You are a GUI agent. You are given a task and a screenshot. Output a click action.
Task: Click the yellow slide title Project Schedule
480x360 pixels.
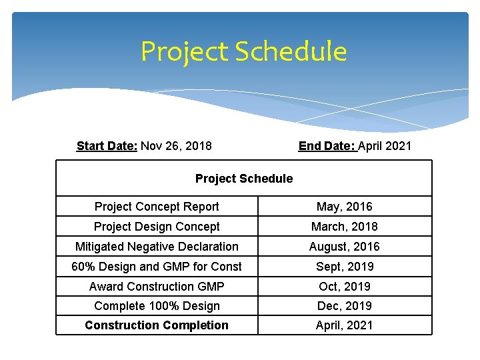point(243,51)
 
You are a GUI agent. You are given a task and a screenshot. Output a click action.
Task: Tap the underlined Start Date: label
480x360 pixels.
point(107,145)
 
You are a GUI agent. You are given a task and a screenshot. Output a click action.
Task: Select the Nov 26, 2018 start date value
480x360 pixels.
point(176,145)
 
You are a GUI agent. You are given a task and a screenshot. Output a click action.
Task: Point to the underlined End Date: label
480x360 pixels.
point(327,145)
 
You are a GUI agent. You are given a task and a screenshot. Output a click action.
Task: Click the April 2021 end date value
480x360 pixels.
point(385,145)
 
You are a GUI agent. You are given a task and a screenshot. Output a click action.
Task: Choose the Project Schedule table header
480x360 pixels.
point(243,178)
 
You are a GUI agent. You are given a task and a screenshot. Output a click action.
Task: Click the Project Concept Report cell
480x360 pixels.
point(157,207)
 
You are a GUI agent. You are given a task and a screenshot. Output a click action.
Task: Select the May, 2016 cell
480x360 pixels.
point(344,207)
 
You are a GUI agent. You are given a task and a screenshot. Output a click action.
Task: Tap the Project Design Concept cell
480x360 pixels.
point(157,227)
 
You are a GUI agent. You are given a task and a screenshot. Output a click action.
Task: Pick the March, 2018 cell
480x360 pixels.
point(344,227)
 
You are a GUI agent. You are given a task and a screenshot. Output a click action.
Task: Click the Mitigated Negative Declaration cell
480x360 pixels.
point(157,247)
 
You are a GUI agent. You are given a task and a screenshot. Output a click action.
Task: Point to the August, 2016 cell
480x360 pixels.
point(344,247)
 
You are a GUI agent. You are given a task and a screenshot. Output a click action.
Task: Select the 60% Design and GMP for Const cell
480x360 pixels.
point(157,267)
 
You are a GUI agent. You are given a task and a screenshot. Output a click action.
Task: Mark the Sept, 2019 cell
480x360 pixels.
point(344,267)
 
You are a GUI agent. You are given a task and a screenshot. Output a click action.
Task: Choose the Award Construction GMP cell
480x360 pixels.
point(157,286)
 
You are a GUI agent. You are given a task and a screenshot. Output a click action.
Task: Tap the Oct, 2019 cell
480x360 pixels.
point(344,286)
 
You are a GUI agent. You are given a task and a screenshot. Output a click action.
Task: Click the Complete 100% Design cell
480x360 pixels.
point(157,306)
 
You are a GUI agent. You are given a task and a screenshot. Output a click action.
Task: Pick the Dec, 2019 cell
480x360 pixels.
point(344,306)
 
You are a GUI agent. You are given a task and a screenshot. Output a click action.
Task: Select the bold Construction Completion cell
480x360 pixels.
point(157,325)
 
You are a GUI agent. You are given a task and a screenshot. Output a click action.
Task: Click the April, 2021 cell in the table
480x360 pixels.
point(344,325)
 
